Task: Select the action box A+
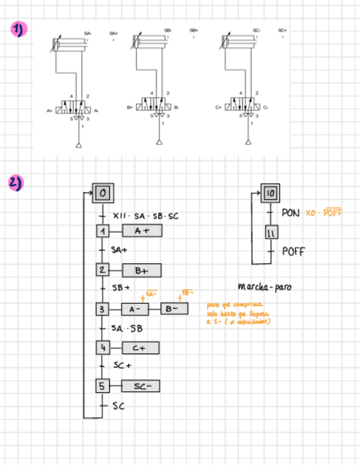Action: click(143, 231)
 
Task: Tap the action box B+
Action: click(142, 270)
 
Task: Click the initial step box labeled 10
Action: click(270, 194)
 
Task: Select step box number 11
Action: click(270, 232)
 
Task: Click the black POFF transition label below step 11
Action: click(294, 252)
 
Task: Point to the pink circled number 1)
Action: click(18, 30)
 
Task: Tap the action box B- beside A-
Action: click(174, 309)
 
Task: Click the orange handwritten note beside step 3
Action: click(237, 314)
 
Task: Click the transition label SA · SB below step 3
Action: click(127, 328)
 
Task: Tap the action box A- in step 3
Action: click(134, 309)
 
